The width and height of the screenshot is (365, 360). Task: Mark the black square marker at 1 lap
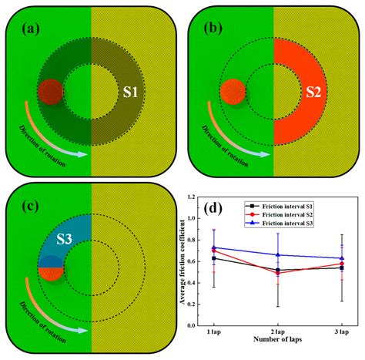(x=213, y=258)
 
